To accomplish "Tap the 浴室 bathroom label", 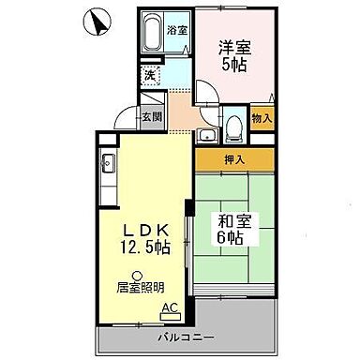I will point(176,30).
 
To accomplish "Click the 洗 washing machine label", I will point(148,73).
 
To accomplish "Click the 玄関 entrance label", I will point(152,117).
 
